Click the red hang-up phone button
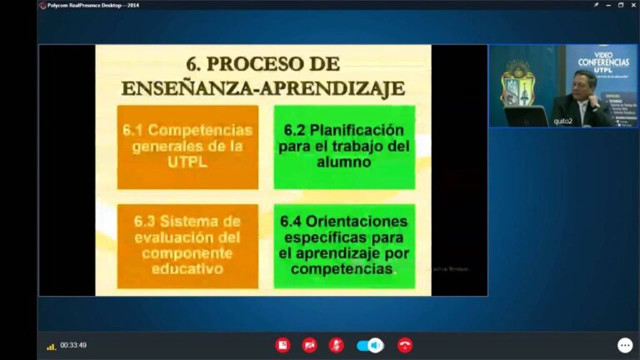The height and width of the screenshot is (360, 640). (x=405, y=345)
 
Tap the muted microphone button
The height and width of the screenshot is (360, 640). (x=336, y=345)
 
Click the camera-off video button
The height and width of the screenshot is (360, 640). (x=309, y=345)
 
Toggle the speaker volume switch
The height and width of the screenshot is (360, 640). (x=370, y=345)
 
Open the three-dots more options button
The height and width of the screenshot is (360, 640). (x=624, y=345)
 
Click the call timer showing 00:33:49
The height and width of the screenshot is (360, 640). (x=73, y=345)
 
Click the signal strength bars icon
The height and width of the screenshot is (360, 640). (x=52, y=346)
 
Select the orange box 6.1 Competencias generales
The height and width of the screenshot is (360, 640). (x=187, y=147)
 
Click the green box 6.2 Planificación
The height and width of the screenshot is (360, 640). (x=344, y=147)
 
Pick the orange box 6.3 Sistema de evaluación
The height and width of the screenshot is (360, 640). (x=187, y=246)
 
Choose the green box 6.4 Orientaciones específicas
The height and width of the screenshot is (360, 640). (x=344, y=246)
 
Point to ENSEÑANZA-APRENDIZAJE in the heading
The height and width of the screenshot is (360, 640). (x=263, y=87)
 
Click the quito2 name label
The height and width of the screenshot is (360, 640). (x=563, y=122)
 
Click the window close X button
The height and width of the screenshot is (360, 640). (x=632, y=5)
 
